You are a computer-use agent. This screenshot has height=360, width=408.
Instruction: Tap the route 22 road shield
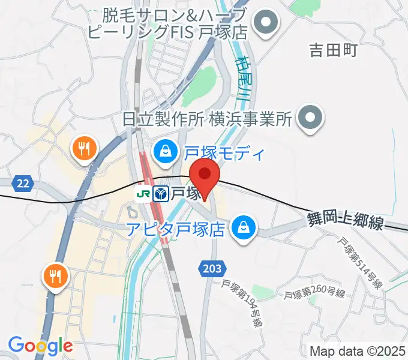(x=22, y=184)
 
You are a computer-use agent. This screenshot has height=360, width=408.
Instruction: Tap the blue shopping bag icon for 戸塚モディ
(x=164, y=153)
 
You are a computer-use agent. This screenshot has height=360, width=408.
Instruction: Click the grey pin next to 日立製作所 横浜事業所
(x=311, y=118)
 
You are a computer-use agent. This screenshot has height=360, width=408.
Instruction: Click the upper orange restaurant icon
(x=83, y=148)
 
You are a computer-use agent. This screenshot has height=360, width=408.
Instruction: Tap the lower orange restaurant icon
(x=55, y=276)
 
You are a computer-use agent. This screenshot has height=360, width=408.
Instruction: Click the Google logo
(x=41, y=345)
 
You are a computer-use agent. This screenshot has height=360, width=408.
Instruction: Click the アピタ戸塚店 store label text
(x=176, y=229)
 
